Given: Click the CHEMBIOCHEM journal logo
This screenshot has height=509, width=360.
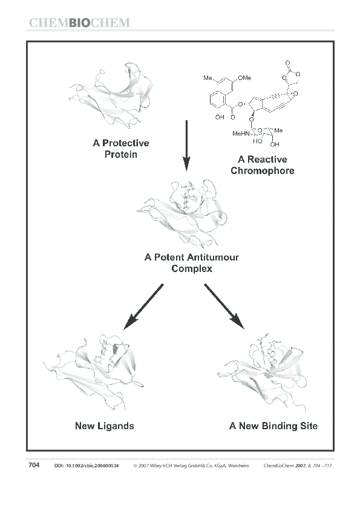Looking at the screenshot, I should (x=79, y=24).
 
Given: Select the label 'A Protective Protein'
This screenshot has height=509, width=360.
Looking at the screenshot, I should (x=120, y=149).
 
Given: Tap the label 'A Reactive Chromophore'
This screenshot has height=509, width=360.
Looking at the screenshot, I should (x=262, y=165).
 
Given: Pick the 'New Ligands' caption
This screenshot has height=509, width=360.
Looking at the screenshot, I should (x=104, y=426).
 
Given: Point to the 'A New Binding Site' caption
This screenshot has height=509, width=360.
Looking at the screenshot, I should (x=273, y=426).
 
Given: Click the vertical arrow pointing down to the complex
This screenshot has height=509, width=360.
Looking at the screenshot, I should (x=186, y=145).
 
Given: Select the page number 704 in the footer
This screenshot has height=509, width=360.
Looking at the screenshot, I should (x=34, y=465).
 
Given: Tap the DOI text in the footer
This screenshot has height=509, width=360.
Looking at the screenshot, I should (x=86, y=466).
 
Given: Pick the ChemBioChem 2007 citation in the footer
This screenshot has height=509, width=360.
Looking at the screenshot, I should (x=298, y=466).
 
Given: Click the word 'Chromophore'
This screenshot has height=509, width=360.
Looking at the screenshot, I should (x=262, y=171).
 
